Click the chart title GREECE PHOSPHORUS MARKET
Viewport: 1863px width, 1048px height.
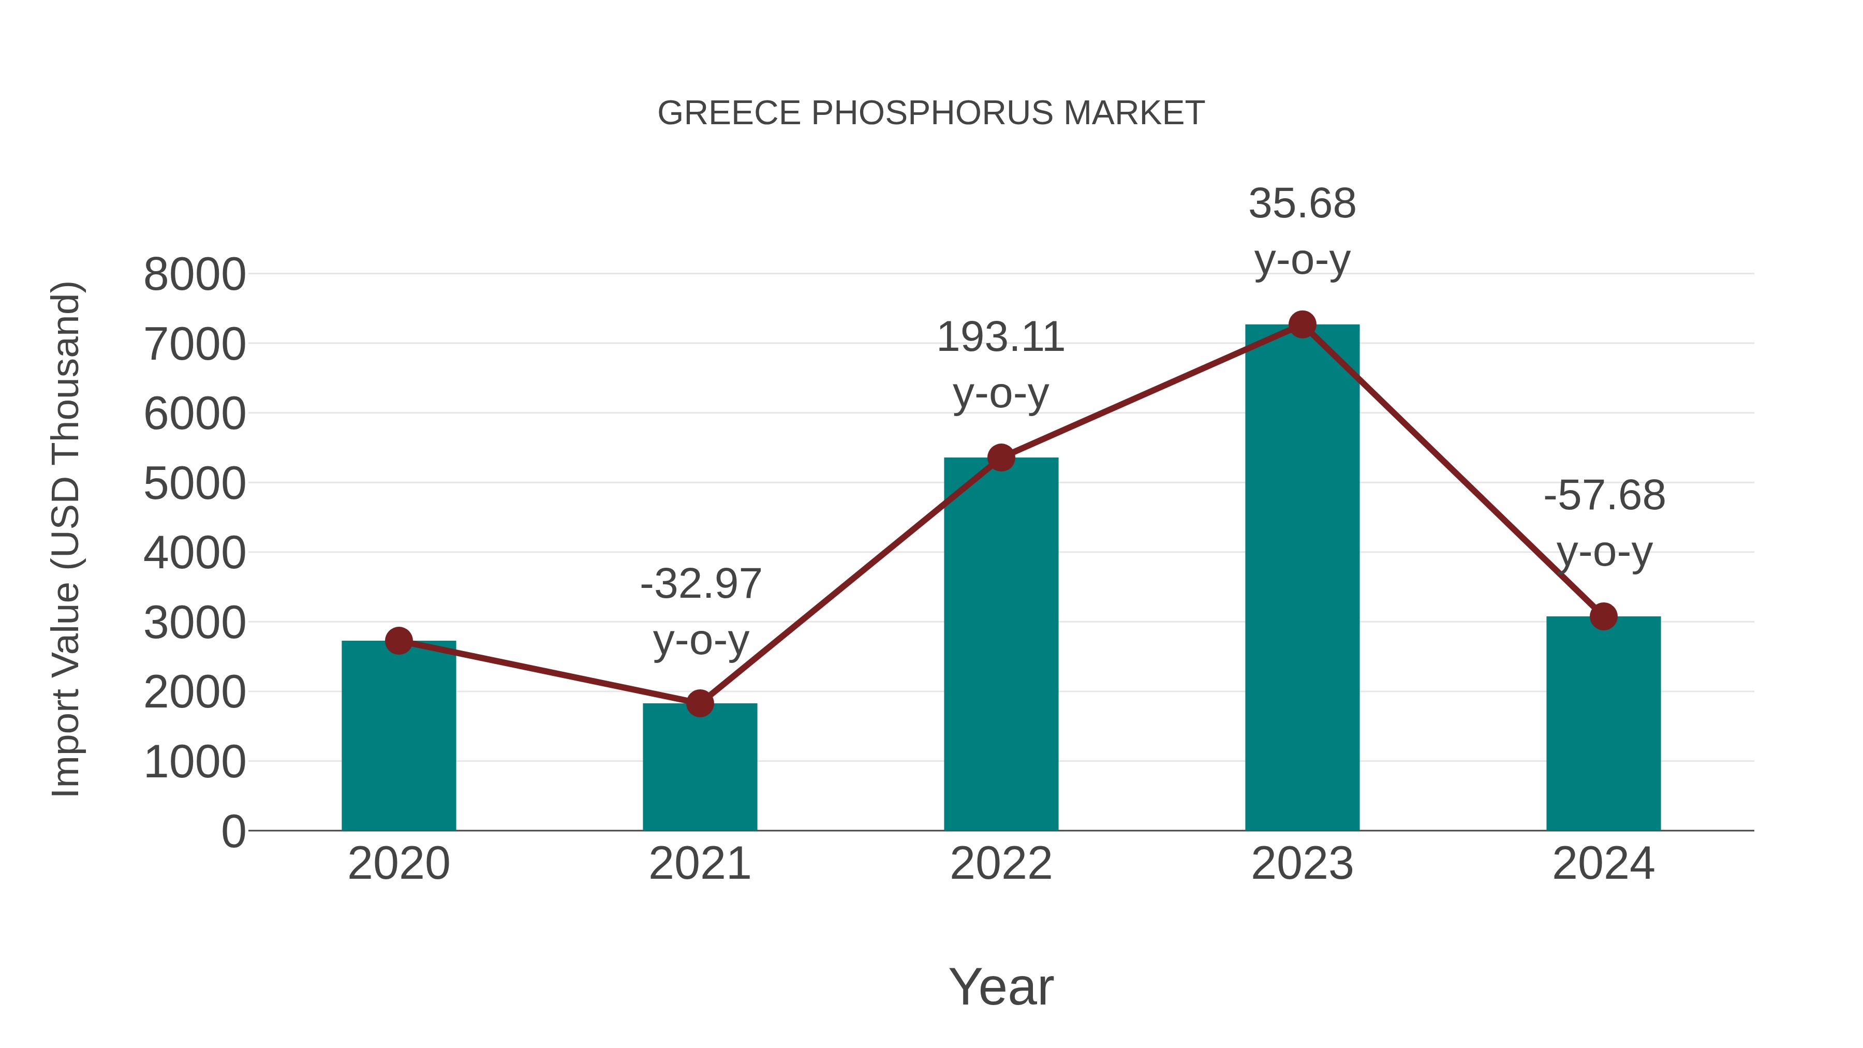931,113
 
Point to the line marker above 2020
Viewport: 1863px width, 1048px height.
398,641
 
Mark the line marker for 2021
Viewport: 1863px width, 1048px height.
699,703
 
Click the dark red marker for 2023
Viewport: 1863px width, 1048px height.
1302,324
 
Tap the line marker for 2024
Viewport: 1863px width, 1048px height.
1603,616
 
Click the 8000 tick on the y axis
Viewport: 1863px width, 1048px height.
195,275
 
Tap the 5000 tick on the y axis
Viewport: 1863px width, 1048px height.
195,484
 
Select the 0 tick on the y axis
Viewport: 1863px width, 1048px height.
233,832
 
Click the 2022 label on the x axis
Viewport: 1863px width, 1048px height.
1001,864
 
